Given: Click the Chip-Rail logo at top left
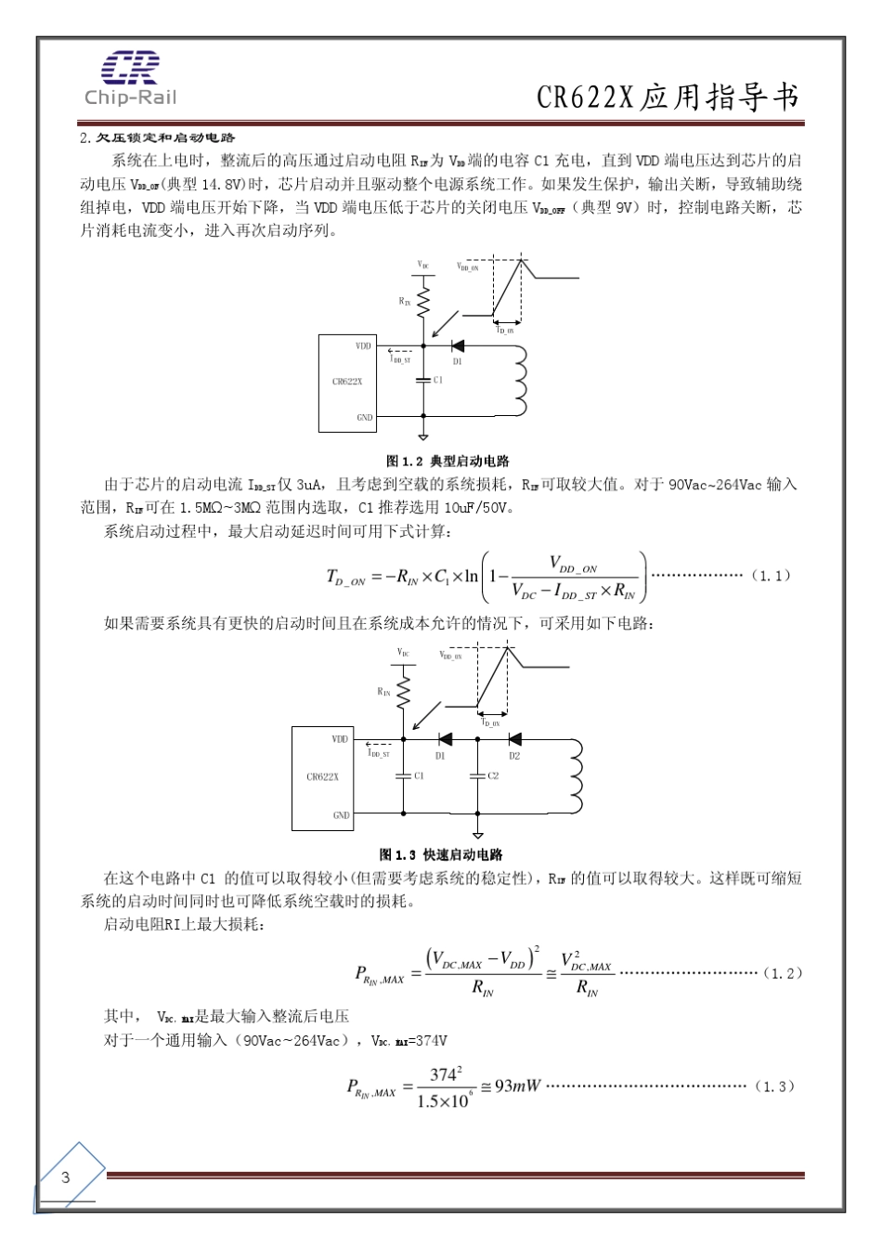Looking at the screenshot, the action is point(130,78).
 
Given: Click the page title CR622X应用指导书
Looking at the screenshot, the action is point(668,97).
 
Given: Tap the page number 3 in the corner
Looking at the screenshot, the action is point(65,1177).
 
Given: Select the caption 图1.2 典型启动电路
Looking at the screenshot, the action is point(447,461).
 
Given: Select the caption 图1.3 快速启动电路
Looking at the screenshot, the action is point(440,854).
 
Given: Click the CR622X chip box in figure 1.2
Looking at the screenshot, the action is point(347,383).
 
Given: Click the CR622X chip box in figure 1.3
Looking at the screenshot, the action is point(321,777).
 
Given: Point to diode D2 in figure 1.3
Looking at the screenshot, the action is point(514,739).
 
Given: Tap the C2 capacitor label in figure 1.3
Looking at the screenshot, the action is point(493,775).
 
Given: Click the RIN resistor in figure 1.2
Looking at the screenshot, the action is point(423,301).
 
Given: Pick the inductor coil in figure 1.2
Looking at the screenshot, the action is point(519,381).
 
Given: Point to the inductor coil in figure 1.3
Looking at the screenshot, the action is point(577,775).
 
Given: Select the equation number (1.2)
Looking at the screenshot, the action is point(782,973).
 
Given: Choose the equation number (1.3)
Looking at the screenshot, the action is point(774,1086).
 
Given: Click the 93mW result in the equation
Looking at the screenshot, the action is point(517,1086).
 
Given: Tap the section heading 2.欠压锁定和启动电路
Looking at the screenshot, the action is point(158,137).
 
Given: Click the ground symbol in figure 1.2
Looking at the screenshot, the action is point(423,435).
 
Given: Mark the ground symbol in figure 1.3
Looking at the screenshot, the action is point(478,834).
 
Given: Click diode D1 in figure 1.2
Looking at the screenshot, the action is point(457,346).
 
